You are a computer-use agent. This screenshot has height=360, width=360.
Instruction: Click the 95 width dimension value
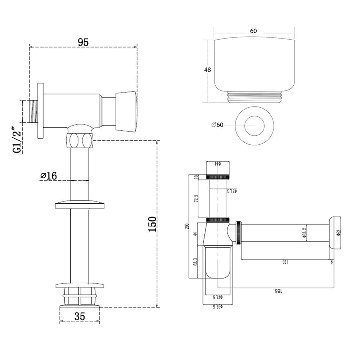pos(83,42)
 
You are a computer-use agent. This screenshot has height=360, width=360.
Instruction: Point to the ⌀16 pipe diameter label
pos(49,176)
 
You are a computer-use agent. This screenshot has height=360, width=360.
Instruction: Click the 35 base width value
pos(80,316)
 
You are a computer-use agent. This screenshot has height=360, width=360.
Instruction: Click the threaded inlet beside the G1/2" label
pos(33,112)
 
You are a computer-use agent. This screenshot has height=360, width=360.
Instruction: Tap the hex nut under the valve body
pos(80,140)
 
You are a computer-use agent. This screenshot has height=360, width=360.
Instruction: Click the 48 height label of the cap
pos(207,70)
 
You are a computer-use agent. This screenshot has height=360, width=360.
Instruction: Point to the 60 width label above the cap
pos(253,31)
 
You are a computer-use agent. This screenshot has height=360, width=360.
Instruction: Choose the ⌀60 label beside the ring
pos(217,125)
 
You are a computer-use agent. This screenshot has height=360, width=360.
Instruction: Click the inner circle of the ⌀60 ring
pos(254,125)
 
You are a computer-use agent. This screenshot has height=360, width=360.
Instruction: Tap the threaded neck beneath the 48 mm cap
pos(254,97)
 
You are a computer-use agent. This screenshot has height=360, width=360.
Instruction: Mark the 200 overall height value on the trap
pos(186,226)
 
